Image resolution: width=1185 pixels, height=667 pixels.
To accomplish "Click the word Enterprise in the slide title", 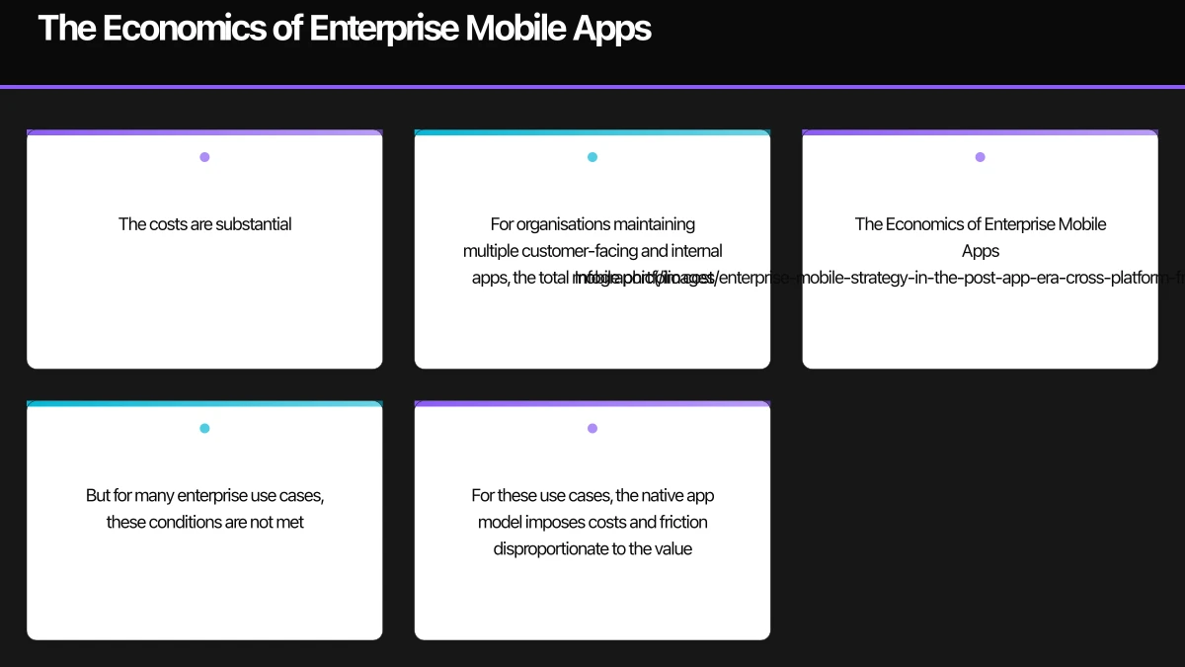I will click(x=382, y=29).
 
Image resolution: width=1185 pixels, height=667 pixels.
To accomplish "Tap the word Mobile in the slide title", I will click(x=514, y=29).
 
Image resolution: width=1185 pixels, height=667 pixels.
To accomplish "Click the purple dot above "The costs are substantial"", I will click(x=204, y=157).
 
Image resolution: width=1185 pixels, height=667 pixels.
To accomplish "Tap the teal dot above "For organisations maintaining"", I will click(x=592, y=157).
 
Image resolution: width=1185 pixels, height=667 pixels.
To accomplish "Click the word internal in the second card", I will click(x=696, y=251).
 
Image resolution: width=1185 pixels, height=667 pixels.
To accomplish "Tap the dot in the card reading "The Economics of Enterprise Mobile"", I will click(x=980, y=157).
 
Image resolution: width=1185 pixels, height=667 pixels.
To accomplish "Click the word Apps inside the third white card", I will click(x=981, y=251).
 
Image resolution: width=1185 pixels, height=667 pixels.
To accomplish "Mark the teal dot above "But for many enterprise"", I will click(x=204, y=429).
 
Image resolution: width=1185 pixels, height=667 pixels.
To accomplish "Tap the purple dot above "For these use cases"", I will click(x=592, y=429).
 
